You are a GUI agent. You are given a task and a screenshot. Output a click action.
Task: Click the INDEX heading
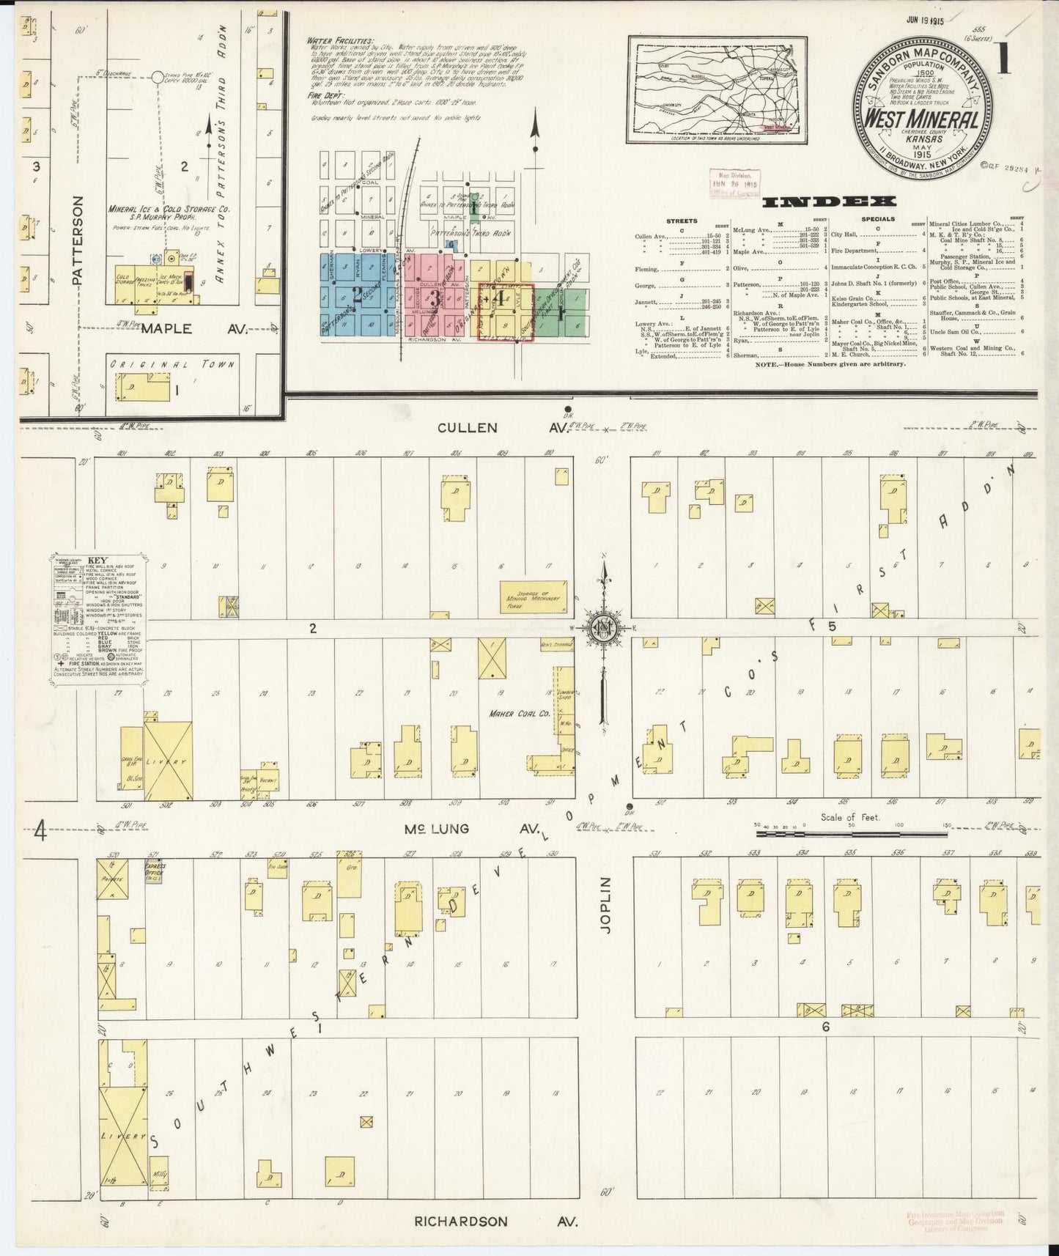pyautogui.click(x=828, y=202)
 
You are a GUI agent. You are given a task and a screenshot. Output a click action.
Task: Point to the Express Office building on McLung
pyautogui.click(x=154, y=873)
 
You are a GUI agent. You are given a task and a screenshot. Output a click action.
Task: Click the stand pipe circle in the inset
pyautogui.click(x=157, y=76)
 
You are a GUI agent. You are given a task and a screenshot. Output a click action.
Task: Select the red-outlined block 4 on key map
pyautogui.click(x=505, y=311)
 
